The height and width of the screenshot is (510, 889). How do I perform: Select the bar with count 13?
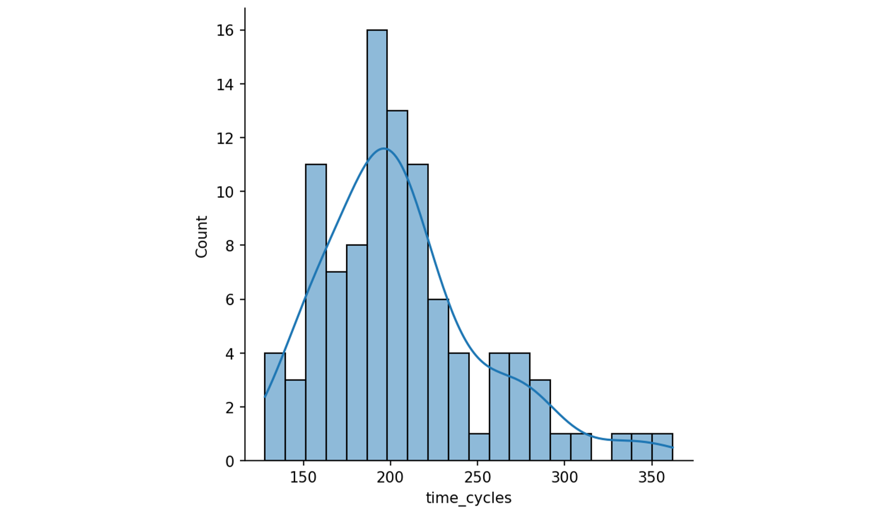tap(397, 285)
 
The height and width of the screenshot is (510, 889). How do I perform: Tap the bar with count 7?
tap(336, 366)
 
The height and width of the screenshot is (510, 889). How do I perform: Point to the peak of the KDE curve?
tap(384, 148)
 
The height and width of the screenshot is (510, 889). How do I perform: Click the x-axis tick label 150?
tap(303, 477)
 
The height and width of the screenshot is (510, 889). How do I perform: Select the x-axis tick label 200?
tap(390, 477)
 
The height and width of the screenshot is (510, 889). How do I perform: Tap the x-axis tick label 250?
tap(477, 477)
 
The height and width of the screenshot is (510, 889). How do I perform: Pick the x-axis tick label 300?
tap(565, 477)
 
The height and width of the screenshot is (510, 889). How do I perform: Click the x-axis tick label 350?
tap(652, 477)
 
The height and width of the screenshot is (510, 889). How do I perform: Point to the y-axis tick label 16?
tap(225, 30)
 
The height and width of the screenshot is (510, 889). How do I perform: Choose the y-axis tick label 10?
tap(225, 192)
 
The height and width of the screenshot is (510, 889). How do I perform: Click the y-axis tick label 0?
tap(229, 462)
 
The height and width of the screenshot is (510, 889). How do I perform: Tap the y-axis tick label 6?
tap(229, 300)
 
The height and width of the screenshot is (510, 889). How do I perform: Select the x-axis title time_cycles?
tap(469, 498)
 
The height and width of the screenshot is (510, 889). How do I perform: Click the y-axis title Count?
tap(201, 237)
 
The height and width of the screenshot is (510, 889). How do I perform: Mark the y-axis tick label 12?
tap(225, 138)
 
